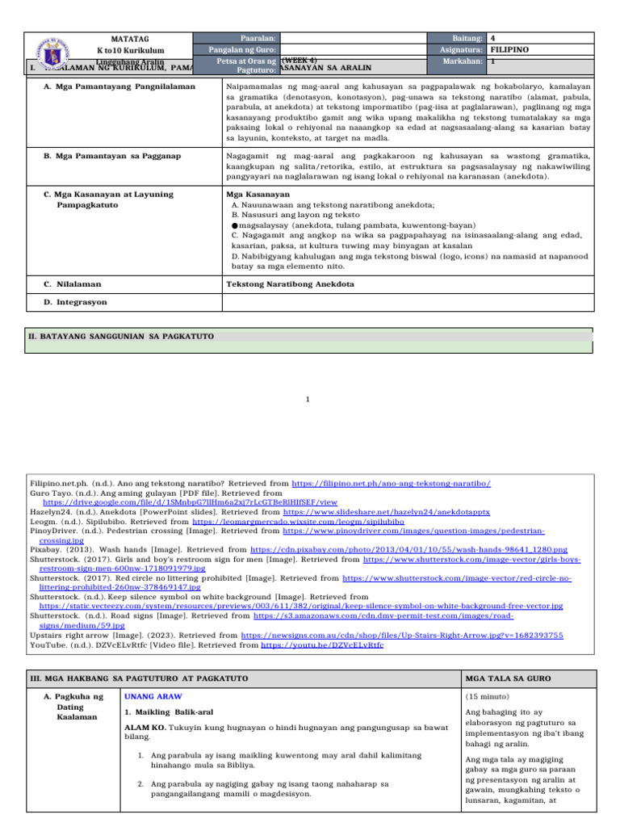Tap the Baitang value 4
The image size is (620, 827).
coord(493,38)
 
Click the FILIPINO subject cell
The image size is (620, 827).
coord(509,49)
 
